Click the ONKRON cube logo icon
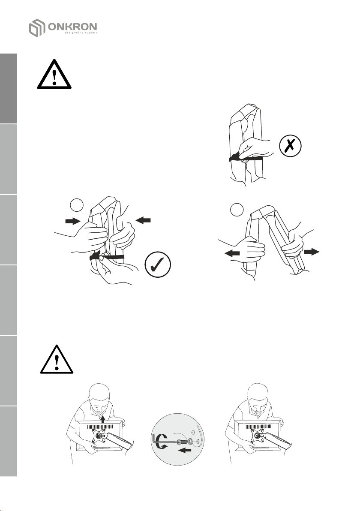[x=37, y=28]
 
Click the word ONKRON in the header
[x=72, y=27]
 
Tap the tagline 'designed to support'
[x=81, y=33]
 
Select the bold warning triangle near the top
[x=54, y=74]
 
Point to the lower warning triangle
[x=57, y=359]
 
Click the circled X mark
[x=291, y=146]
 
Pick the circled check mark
[x=158, y=265]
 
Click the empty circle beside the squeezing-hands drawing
[x=77, y=205]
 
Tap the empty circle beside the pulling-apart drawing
[x=237, y=209]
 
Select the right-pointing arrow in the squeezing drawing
[x=73, y=221]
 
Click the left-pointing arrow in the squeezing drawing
[x=143, y=221]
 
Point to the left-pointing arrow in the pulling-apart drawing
[x=232, y=253]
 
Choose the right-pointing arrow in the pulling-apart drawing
[x=312, y=252]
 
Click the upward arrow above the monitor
[x=103, y=419]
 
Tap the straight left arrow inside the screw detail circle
[x=185, y=451]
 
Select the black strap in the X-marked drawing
[x=246, y=159]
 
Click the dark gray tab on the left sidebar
[x=9, y=89]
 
